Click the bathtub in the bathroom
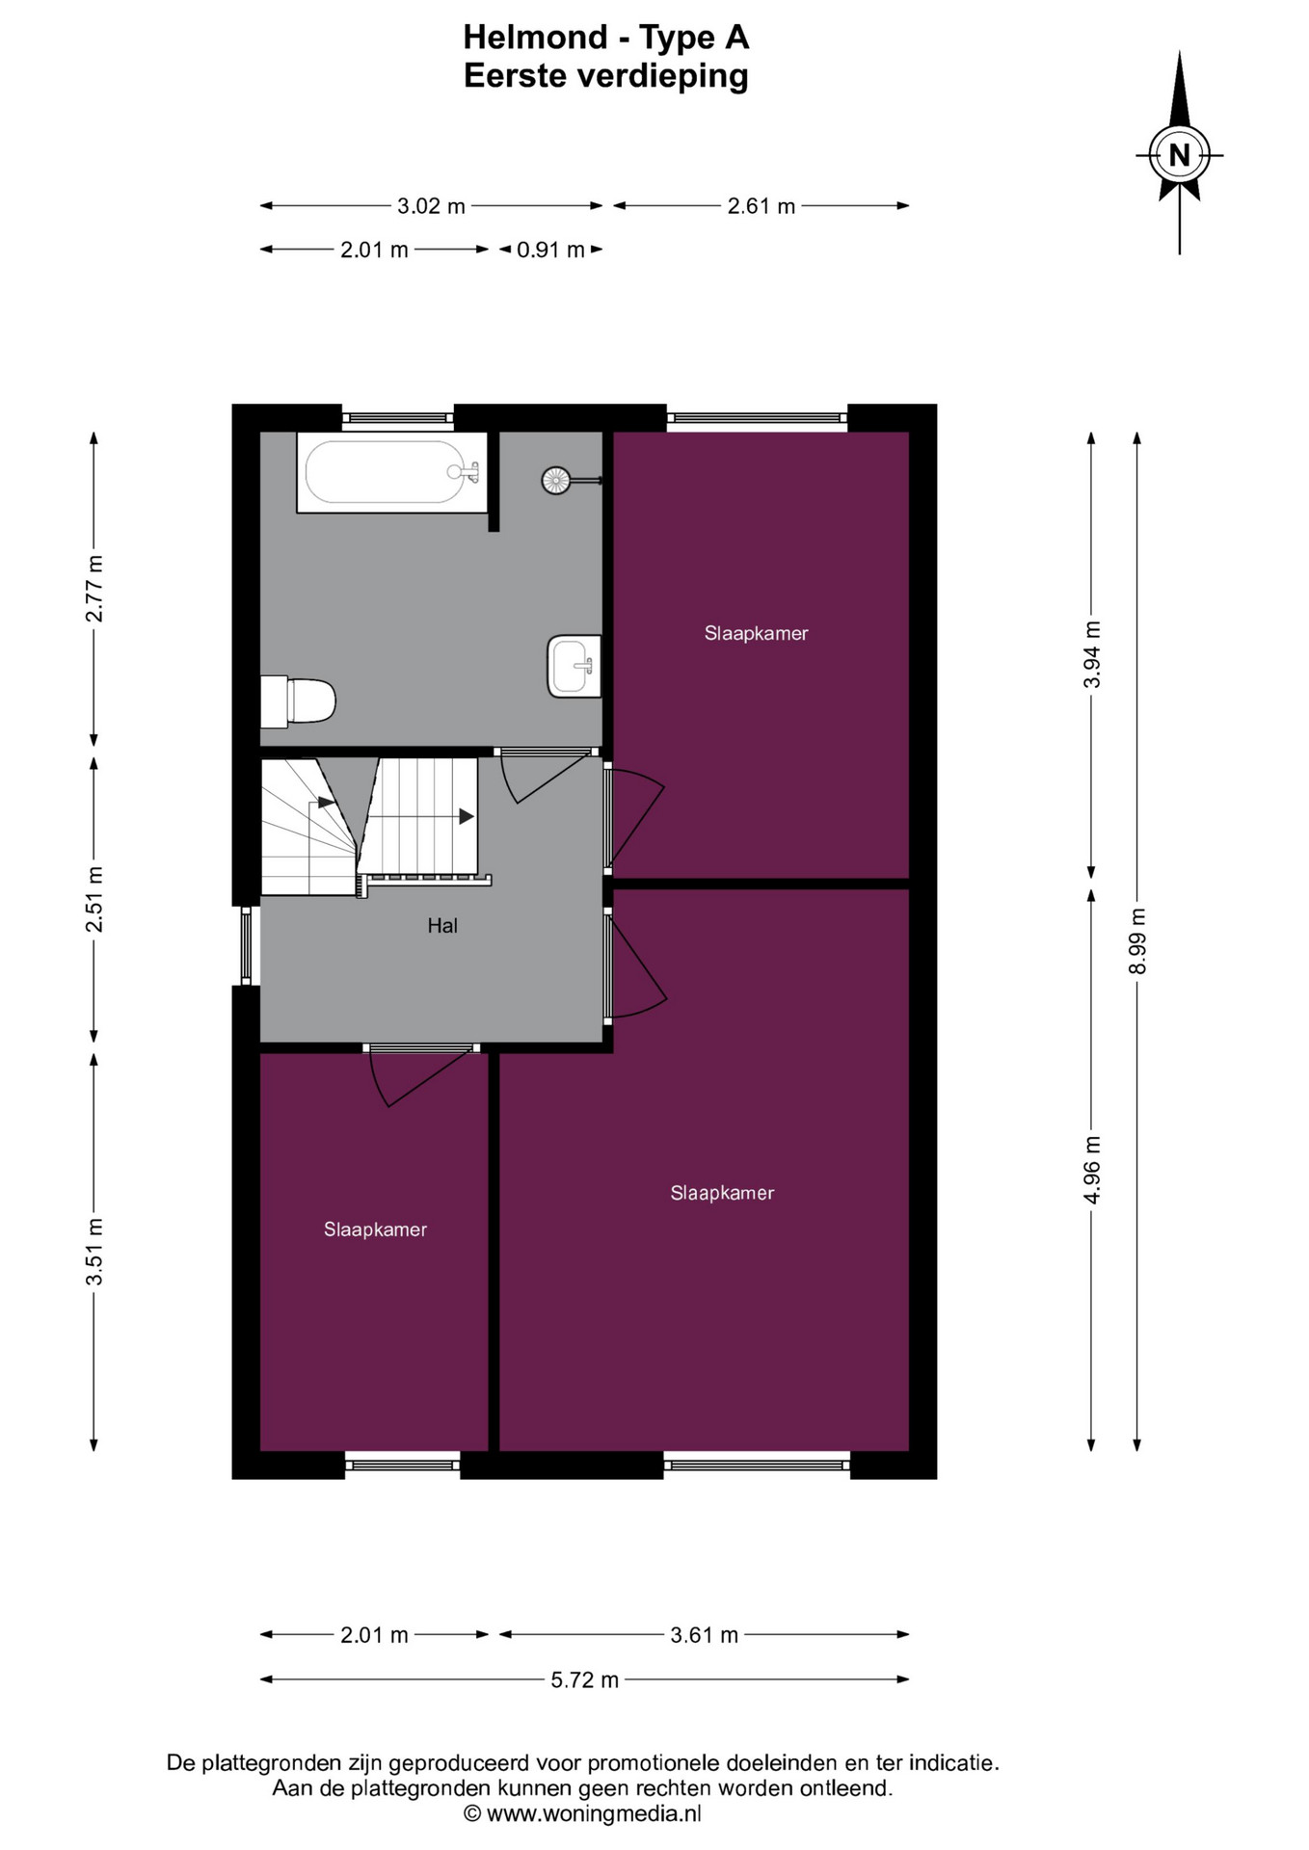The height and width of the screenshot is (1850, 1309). pyautogui.click(x=391, y=472)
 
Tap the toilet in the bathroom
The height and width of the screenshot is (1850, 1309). pyautogui.click(x=298, y=700)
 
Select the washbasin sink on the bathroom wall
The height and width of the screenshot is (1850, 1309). pyautogui.click(x=574, y=665)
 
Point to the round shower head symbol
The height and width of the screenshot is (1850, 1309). pyautogui.click(x=556, y=480)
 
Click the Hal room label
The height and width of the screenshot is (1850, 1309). pyautogui.click(x=442, y=926)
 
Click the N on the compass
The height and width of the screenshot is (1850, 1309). pyautogui.click(x=1179, y=155)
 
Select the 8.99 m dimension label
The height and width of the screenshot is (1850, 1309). pyautogui.click(x=1137, y=940)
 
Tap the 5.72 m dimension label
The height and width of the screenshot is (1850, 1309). pyautogui.click(x=585, y=1679)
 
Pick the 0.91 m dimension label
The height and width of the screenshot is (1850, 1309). pyautogui.click(x=550, y=250)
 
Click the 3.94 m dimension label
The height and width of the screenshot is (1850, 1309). pyautogui.click(x=1092, y=654)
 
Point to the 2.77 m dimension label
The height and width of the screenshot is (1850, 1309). pyautogui.click(x=94, y=589)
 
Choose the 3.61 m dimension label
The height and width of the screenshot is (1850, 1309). pyautogui.click(x=704, y=1634)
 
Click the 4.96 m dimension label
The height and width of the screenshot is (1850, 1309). pyautogui.click(x=1092, y=1170)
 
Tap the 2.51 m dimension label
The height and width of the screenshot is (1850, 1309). pyautogui.click(x=94, y=900)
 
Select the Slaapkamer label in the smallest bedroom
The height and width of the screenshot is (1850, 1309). pyautogui.click(x=375, y=1229)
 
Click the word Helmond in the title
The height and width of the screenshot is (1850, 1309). pyautogui.click(x=535, y=38)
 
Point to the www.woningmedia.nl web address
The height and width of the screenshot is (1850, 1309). pyautogui.click(x=594, y=1813)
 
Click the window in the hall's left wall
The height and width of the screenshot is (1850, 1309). pyautogui.click(x=246, y=945)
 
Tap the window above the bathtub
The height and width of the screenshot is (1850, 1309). pyautogui.click(x=397, y=418)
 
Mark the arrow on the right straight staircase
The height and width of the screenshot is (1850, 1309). pyautogui.click(x=422, y=817)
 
